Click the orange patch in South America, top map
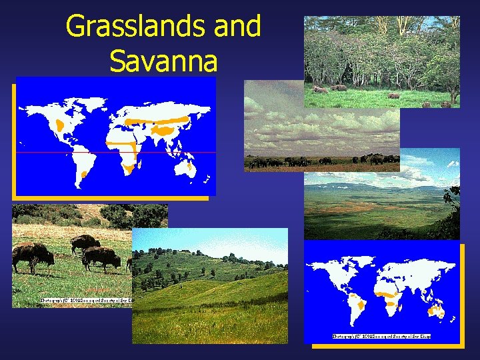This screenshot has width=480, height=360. pos(83,174)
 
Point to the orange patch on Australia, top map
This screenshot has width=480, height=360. pos(191,167)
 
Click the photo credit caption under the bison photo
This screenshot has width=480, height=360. pos(87,301)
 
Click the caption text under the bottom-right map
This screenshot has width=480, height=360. pos(381,336)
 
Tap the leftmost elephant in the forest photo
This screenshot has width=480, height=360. pos(321,89)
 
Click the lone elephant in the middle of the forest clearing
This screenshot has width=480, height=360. pos(394,95)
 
